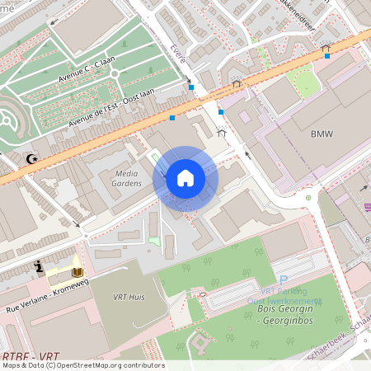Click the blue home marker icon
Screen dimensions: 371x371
click(185, 178)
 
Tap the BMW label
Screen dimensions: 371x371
click(322, 134)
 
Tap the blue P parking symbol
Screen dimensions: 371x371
click(284, 281)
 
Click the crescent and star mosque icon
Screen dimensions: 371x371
click(33, 158)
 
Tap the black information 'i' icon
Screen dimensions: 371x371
click(39, 266)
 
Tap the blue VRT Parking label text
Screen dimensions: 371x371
click(283, 292)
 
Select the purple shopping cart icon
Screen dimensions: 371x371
click(366, 189)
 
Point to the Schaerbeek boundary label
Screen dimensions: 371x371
click(350, 329)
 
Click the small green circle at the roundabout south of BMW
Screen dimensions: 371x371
click(308, 197)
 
